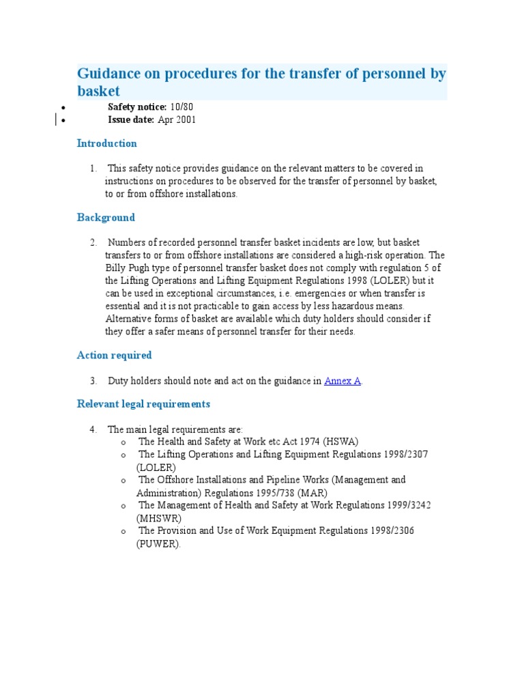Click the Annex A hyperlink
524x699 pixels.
point(343,382)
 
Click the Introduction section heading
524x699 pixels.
point(107,143)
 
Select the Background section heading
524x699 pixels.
point(106,218)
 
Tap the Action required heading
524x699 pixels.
point(114,356)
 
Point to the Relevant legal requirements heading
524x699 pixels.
point(143,404)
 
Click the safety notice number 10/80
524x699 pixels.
point(182,107)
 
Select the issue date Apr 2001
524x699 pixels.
point(177,120)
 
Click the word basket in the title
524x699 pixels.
point(98,91)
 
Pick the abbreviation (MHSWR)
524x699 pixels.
point(159,518)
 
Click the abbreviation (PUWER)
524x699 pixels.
point(158,544)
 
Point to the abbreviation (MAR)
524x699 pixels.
point(313,493)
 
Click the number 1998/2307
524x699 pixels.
point(405,455)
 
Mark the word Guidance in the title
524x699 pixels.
point(111,74)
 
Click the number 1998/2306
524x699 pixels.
point(390,531)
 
